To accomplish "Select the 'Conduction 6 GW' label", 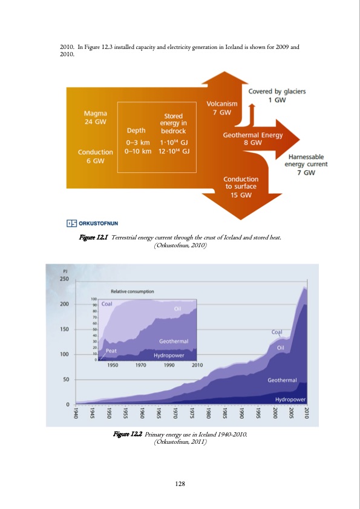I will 95,157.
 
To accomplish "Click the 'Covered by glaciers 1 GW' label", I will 277,96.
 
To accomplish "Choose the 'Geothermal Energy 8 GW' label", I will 252,139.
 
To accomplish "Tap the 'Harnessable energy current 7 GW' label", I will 307,164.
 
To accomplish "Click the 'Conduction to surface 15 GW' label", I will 241,187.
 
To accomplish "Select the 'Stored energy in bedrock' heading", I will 174,123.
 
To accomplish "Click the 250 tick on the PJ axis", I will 64,279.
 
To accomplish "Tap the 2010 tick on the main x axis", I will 307,413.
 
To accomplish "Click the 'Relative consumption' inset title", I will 132,291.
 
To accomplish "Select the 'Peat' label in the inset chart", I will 111,350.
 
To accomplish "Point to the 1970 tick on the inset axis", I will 141,365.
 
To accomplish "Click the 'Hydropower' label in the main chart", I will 290,400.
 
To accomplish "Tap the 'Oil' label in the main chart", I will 281,348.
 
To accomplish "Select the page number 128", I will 180,483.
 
